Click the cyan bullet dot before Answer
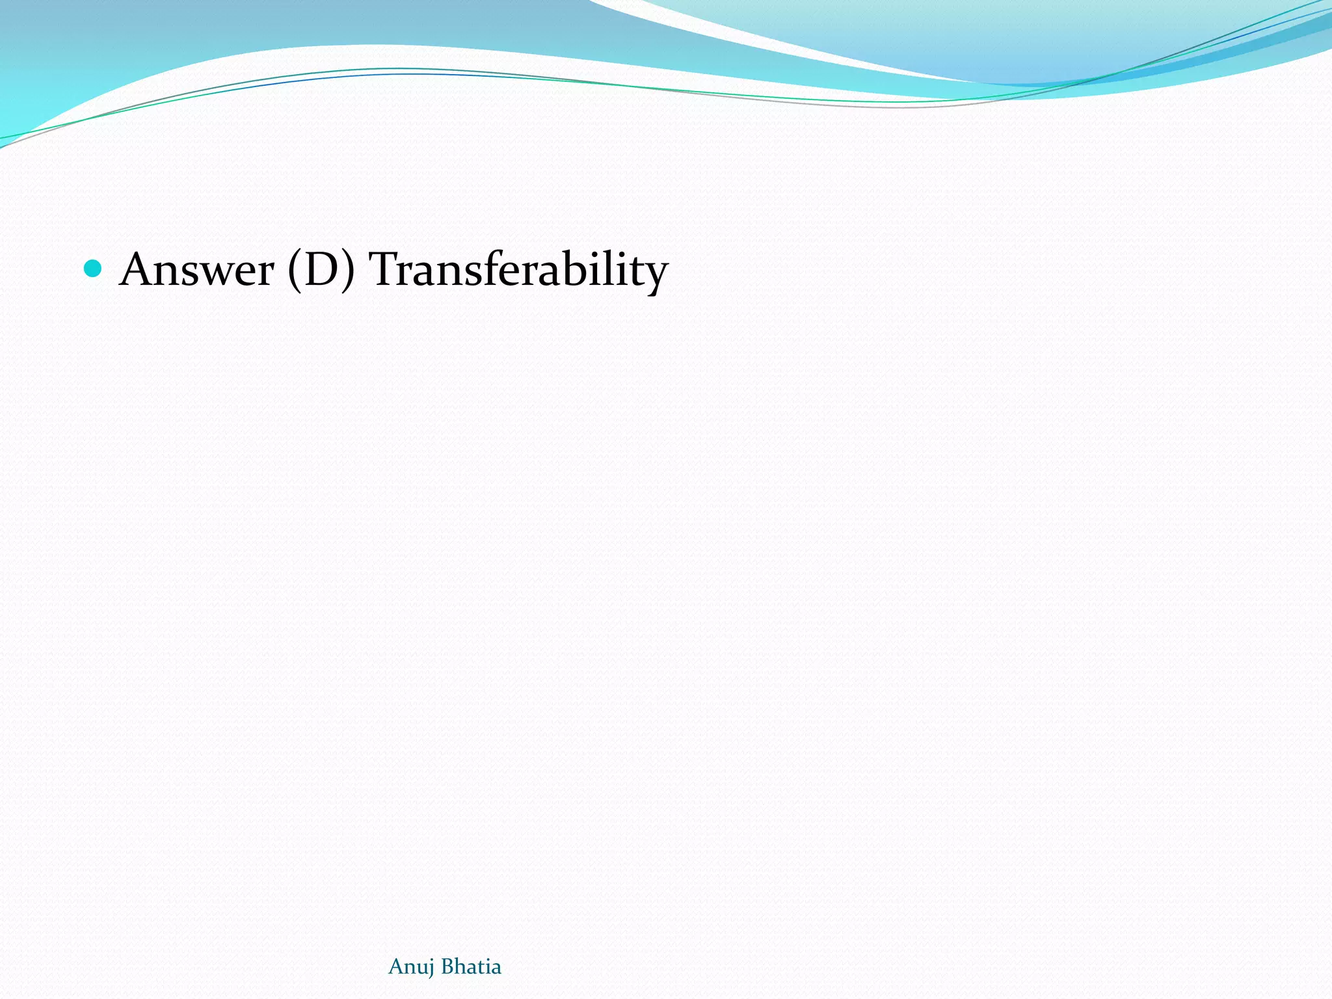94,268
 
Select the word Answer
197,269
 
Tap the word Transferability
518,269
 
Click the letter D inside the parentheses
321,269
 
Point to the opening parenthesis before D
295,271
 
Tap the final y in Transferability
656,276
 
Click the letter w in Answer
219,273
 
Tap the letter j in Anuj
430,969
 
